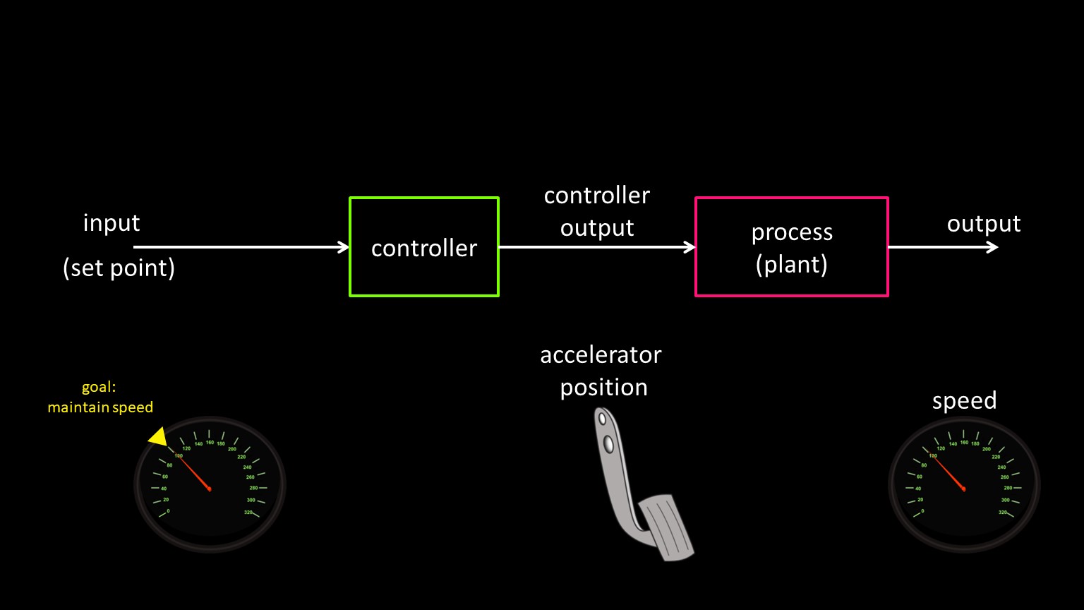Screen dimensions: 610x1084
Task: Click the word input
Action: coord(112,223)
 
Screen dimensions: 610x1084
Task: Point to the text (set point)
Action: coord(119,268)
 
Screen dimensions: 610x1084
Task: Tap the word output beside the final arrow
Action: coord(983,224)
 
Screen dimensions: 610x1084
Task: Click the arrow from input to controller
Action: coord(240,247)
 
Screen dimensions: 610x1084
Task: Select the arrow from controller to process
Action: coord(596,247)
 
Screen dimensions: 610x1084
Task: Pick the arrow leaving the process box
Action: coord(942,247)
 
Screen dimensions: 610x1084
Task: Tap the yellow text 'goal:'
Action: coord(99,387)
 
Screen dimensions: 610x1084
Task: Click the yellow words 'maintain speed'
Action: coord(100,407)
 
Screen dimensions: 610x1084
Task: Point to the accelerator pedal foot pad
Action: coord(667,528)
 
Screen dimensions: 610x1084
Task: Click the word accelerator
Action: coord(601,354)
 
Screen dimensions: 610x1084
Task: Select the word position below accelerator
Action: coord(603,388)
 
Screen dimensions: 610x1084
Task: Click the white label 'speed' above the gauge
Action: coord(964,400)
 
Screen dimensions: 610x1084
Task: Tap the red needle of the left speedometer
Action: coord(195,473)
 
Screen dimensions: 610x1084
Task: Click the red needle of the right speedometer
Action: coord(949,473)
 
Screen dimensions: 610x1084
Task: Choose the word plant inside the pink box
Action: coord(791,265)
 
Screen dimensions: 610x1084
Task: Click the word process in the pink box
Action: coord(792,232)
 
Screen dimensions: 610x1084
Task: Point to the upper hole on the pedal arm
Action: coord(601,419)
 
